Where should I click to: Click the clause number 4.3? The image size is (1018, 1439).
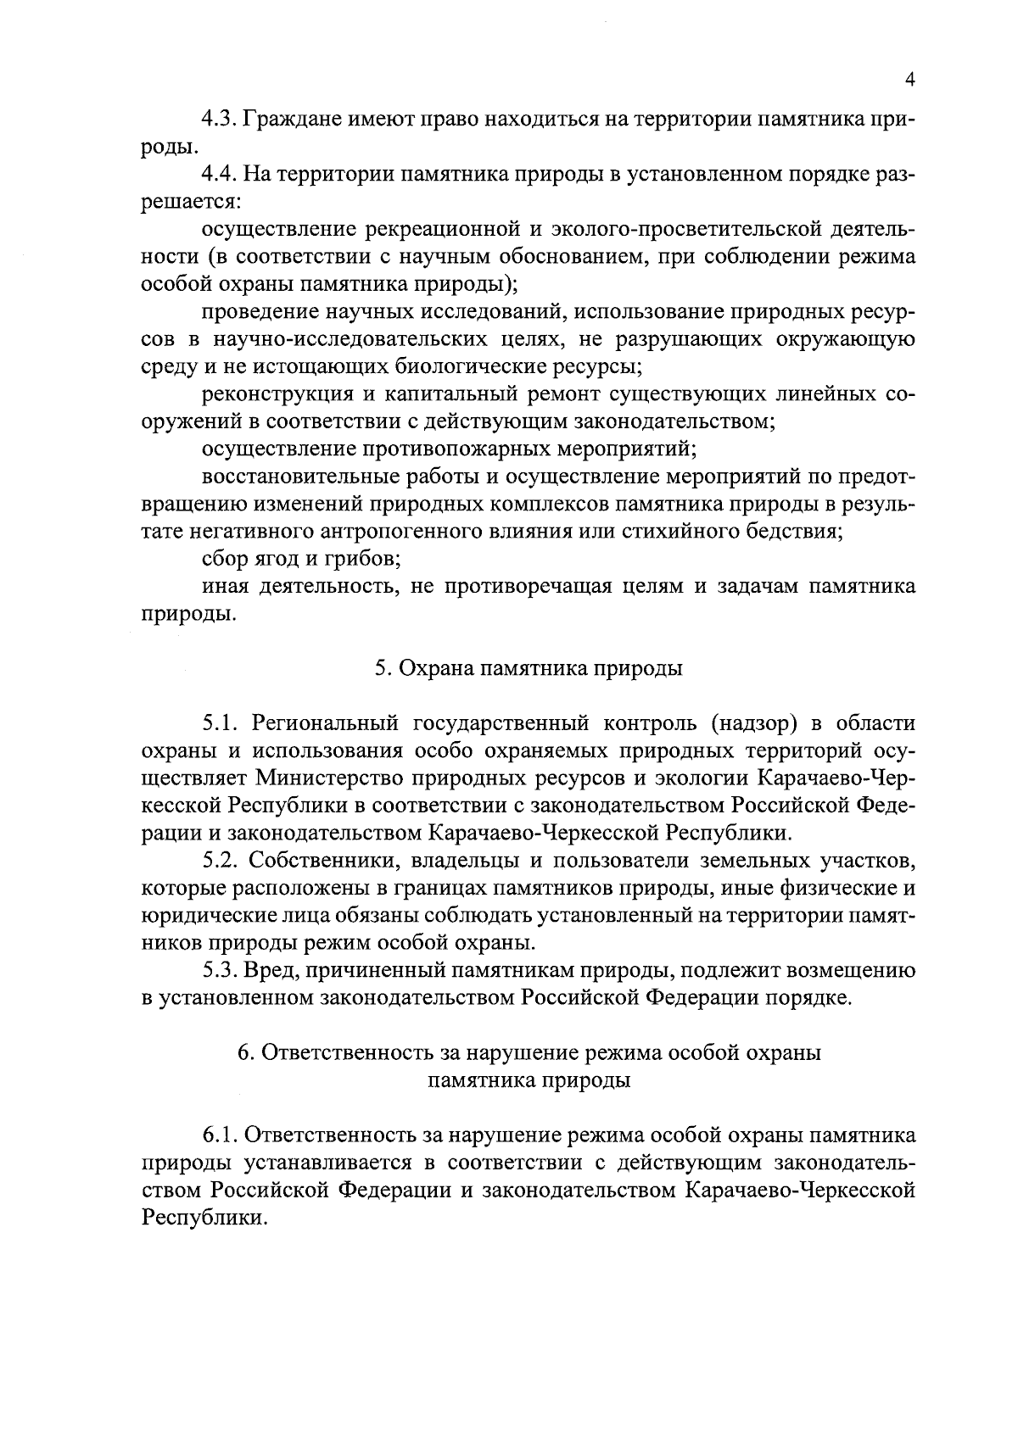[x=220, y=119]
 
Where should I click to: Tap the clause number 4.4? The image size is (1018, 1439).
[x=220, y=174]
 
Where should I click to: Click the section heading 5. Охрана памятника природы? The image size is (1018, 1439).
[x=529, y=668]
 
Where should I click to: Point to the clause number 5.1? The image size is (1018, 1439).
[x=220, y=723]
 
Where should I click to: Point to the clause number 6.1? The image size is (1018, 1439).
[x=220, y=1135]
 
